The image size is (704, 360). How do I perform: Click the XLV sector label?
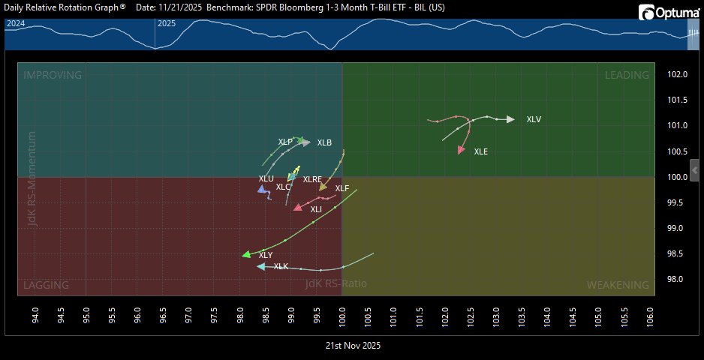534,119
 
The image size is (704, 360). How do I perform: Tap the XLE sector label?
481,151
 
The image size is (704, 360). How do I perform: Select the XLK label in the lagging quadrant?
281,266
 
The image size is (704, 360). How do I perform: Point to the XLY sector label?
266,255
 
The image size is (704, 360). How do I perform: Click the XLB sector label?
324,142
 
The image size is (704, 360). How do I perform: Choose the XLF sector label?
342,188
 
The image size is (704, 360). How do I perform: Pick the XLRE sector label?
312,179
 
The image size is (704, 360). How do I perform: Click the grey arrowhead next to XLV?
510,119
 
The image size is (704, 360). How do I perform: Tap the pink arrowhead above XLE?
461,151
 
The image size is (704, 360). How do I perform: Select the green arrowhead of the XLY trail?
245,255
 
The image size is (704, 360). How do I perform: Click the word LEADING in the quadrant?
627,75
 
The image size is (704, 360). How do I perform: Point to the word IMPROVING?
53,75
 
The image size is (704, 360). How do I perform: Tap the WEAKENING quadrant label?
618,285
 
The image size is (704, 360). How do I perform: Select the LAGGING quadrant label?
47,285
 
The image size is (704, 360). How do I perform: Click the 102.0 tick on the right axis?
678,74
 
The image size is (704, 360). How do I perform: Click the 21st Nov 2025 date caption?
352,346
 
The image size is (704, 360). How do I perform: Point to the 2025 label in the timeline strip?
167,23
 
